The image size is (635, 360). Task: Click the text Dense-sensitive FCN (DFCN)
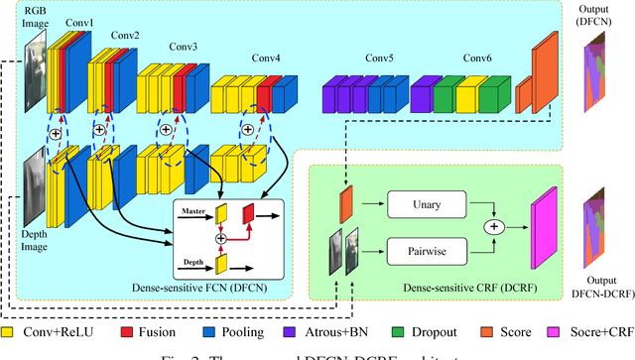(x=213, y=286)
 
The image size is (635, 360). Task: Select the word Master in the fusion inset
(x=193, y=209)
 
